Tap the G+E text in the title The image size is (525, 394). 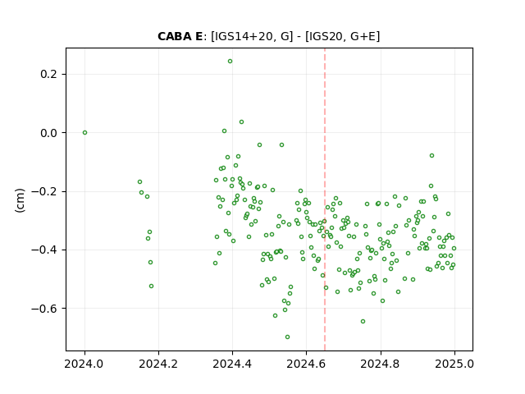pos(363,36)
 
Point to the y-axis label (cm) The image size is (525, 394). pos(20,200)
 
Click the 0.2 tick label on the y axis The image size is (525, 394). pos(48,74)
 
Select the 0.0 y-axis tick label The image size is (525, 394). pos(48,133)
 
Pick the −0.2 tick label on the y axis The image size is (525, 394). pos(44,191)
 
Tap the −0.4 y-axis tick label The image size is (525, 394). pos(44,250)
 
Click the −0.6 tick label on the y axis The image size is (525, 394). pos(44,309)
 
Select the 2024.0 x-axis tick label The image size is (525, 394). pos(84,364)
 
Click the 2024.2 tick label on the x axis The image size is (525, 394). pos(158,364)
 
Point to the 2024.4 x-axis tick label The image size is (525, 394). pos(232,364)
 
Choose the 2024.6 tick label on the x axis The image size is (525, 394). pos(306,364)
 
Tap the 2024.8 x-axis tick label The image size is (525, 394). pos(381,364)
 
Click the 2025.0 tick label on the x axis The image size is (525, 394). pos(454,364)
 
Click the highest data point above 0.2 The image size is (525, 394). pos(230,62)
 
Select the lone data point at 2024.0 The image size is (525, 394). pos(84,133)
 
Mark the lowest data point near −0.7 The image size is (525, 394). pos(287,337)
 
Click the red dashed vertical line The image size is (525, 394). pos(325,199)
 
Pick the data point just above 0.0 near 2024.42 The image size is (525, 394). pos(241,122)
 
